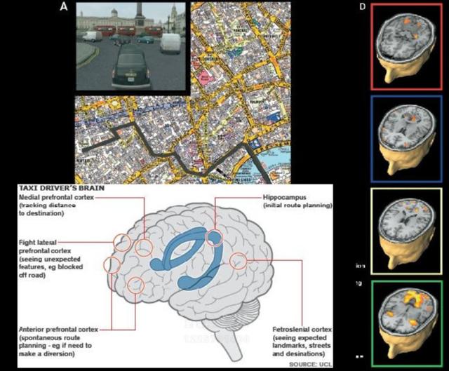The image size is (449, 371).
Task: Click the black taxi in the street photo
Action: click(x=128, y=67)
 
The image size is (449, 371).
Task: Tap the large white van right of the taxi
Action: click(x=171, y=43)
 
